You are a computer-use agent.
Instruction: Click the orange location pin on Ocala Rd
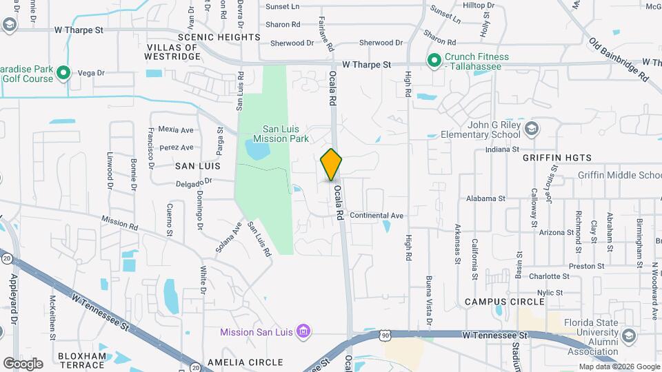332,164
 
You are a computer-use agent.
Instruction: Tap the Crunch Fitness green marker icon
434,61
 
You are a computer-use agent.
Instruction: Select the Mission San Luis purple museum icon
303,332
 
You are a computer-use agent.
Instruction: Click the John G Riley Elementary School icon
532,129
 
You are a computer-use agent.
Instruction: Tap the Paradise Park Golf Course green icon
63,72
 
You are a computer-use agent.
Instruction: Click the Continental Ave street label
377,216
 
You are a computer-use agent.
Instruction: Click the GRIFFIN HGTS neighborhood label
557,158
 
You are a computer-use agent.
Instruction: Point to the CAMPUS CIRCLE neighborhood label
500,302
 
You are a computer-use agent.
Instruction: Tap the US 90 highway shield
384,334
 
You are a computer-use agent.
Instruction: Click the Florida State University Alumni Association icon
628,335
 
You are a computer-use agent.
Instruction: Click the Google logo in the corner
23,363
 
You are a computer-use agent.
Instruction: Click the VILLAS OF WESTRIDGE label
173,52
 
